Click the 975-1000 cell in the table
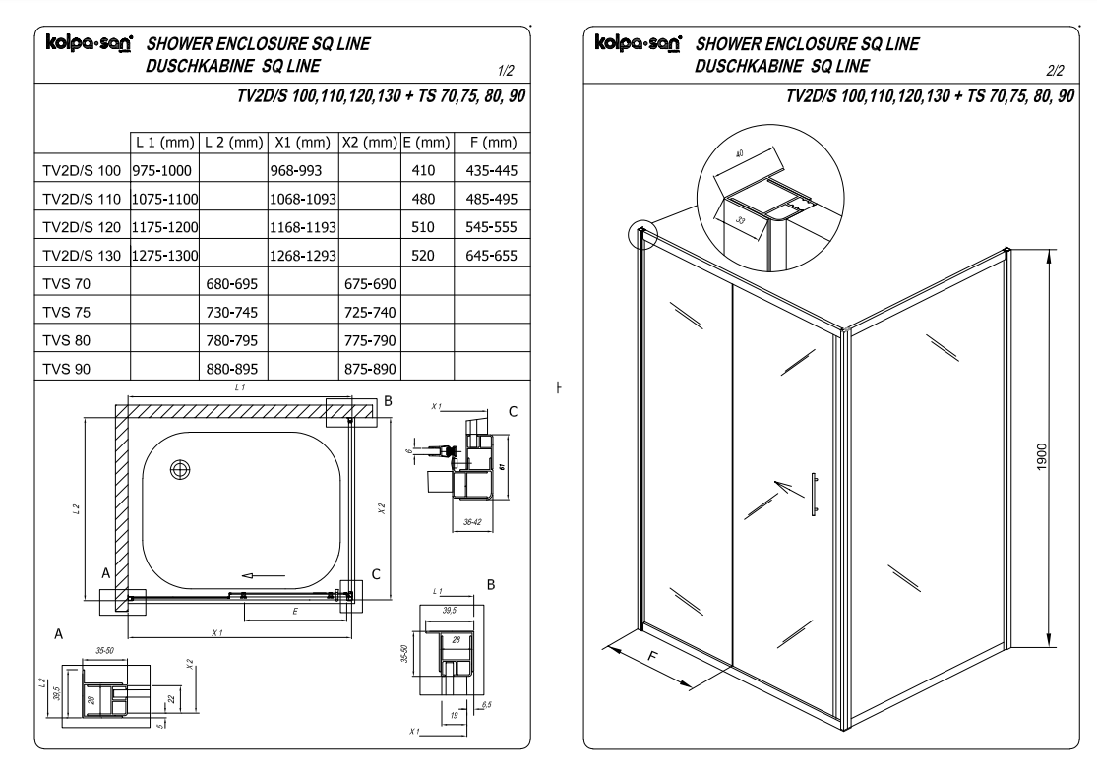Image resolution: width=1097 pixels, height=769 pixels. [163, 170]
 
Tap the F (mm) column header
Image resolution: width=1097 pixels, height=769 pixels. [487, 144]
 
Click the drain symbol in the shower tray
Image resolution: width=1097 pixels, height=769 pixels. [181, 469]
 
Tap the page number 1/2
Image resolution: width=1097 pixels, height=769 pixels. [508, 69]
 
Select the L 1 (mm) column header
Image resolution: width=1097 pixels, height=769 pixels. [163, 144]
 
